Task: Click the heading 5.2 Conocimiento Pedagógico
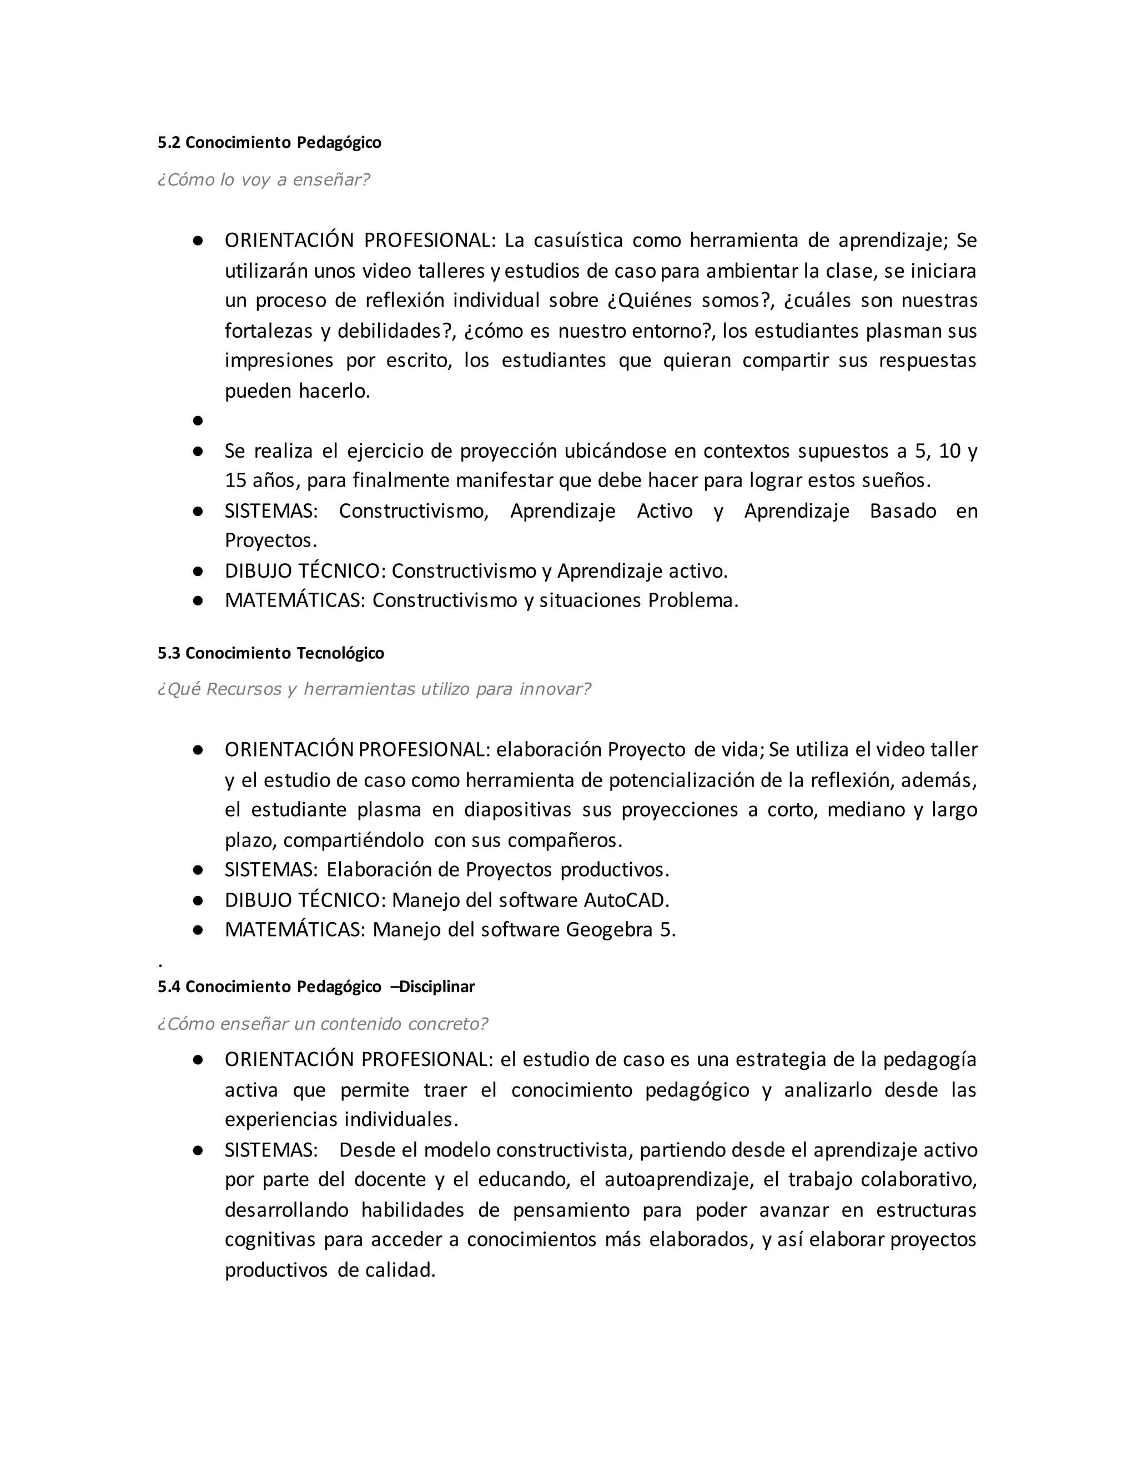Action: pos(269,143)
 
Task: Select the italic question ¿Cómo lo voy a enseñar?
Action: pos(263,180)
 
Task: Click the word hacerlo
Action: pos(334,391)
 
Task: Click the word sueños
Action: pos(896,481)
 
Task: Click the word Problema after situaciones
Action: pos(692,600)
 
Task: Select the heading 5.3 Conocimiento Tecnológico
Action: pos(271,653)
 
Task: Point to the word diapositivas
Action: pos(517,810)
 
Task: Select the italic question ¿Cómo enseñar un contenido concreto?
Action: pos(322,1024)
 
